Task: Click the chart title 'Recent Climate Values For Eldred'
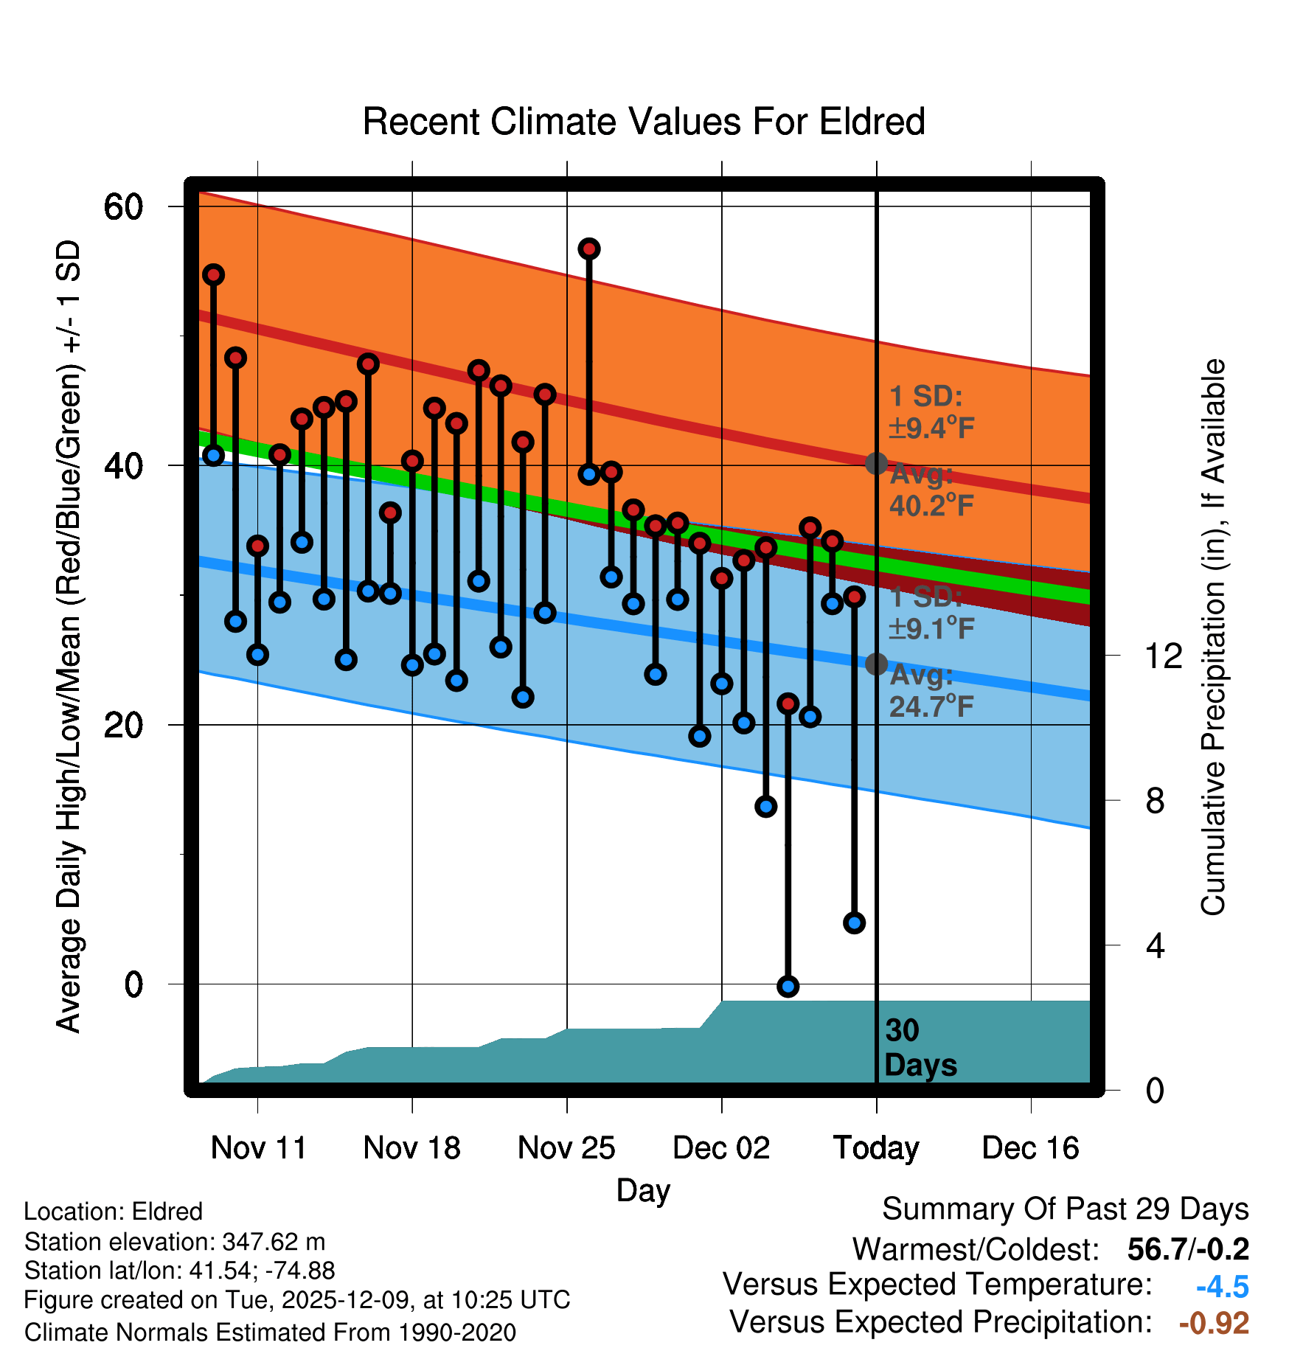point(643,122)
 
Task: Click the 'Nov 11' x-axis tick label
point(258,1147)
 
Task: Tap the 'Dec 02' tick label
point(721,1147)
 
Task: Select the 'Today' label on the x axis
point(876,1147)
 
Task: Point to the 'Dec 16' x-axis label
point(1030,1147)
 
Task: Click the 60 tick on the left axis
point(123,206)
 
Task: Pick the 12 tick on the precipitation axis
point(1163,656)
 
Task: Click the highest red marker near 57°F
point(588,249)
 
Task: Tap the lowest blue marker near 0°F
point(788,986)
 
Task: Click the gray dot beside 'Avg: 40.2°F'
point(876,463)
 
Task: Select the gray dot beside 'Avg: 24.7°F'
point(876,664)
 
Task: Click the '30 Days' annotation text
point(920,1048)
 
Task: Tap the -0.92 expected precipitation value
point(1214,1323)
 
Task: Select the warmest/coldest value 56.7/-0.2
point(1188,1249)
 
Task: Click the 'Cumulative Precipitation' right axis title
point(1213,638)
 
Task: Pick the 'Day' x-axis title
point(643,1190)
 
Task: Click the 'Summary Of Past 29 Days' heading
point(1065,1209)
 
